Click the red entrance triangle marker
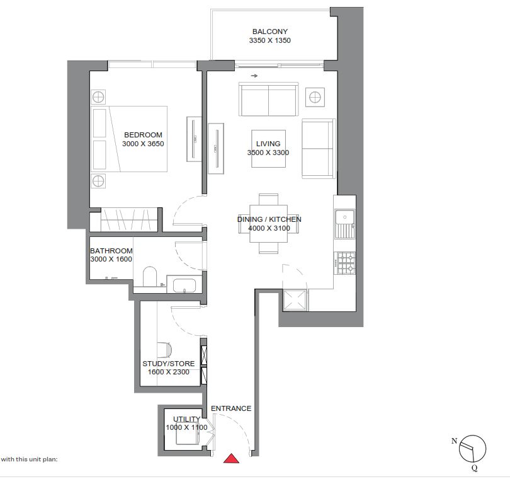pos(232,458)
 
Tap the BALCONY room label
pos(270,32)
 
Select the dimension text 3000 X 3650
pos(143,144)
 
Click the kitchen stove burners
pos(346,263)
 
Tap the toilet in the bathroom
pos(149,277)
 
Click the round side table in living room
pos(314,96)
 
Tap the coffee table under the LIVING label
pos(269,149)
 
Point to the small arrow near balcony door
pos(254,76)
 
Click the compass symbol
pos(473,449)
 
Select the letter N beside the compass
pos(454,441)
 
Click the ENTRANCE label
pos(231,408)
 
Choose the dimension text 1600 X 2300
pos(168,372)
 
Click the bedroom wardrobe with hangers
pos(127,221)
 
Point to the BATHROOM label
pos(111,251)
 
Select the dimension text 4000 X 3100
pos(269,228)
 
